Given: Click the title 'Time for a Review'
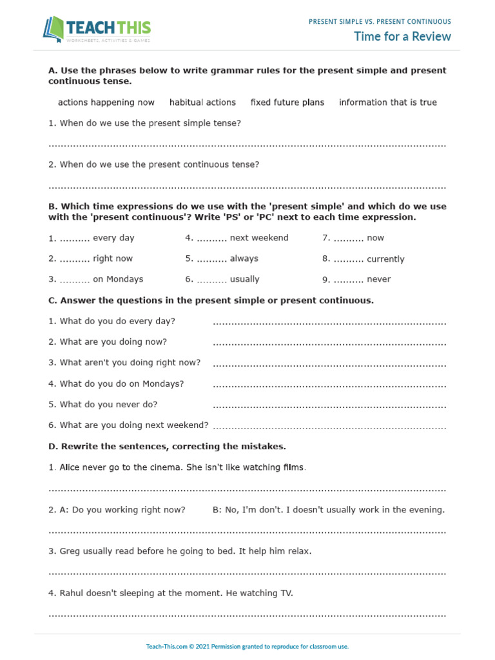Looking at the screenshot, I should (x=402, y=36).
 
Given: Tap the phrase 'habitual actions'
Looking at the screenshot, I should (x=202, y=102).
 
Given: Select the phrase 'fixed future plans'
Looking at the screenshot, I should (x=287, y=102).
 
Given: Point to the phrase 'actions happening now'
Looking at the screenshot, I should (x=106, y=102).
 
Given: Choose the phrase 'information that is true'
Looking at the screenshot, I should (x=387, y=102).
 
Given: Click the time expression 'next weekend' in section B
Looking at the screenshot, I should (x=259, y=238).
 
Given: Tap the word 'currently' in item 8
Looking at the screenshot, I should (x=385, y=259).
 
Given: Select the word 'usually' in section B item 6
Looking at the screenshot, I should (x=244, y=280).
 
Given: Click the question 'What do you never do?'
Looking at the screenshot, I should (x=102, y=405).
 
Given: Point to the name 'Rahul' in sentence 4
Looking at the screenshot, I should (x=72, y=593).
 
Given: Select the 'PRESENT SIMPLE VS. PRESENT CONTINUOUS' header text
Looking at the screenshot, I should (x=380, y=22).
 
